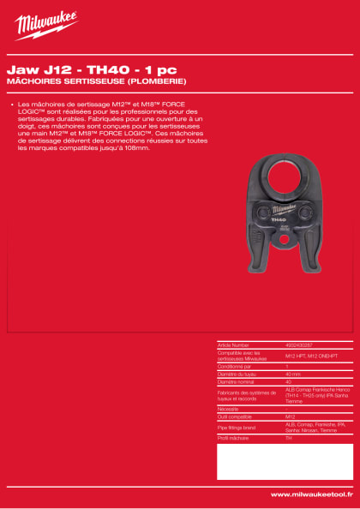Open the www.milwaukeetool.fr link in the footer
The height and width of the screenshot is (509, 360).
click(309, 494)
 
